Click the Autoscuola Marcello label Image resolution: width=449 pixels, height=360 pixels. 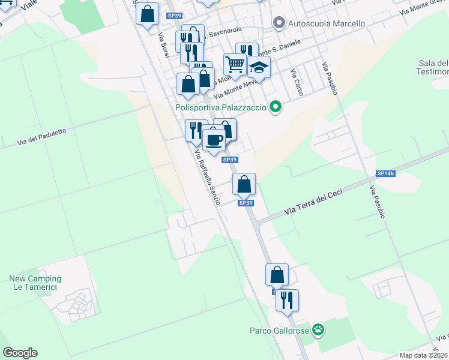pos(327,23)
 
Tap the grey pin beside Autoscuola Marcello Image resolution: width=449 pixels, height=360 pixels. pos(279,23)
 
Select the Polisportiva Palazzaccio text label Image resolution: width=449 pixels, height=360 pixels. pos(220,108)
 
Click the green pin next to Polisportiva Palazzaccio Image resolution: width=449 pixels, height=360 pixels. pos(276,108)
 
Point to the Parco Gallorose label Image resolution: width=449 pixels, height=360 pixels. pos(279,330)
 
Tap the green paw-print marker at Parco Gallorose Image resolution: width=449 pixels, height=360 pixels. pos(318,329)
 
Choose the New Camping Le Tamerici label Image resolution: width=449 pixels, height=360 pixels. pos(35,283)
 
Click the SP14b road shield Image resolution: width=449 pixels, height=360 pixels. pos(386,173)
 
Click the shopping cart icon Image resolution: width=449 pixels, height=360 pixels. pos(235,63)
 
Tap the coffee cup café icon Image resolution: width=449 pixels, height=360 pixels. pos(213,140)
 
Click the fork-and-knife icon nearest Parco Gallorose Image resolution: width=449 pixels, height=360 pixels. pos(287,299)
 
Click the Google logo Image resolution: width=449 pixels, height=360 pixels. pos(20,353)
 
